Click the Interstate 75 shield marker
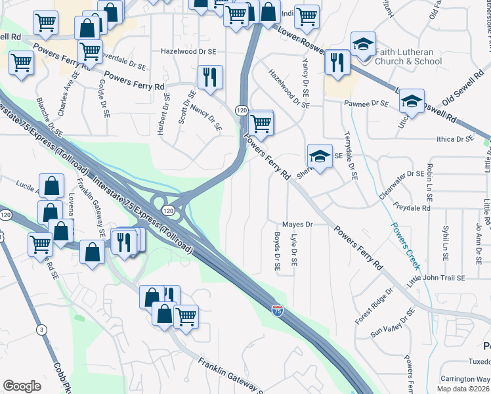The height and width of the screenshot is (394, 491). (x=278, y=307)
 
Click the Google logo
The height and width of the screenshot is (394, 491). (x=22, y=386)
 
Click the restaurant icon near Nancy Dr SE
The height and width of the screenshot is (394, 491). (x=210, y=77)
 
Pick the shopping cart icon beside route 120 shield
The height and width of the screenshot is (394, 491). (x=261, y=122)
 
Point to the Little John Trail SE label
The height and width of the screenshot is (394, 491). (x=437, y=278)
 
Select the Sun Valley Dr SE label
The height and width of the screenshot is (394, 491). (x=393, y=322)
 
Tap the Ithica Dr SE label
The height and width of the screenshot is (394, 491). (x=454, y=139)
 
